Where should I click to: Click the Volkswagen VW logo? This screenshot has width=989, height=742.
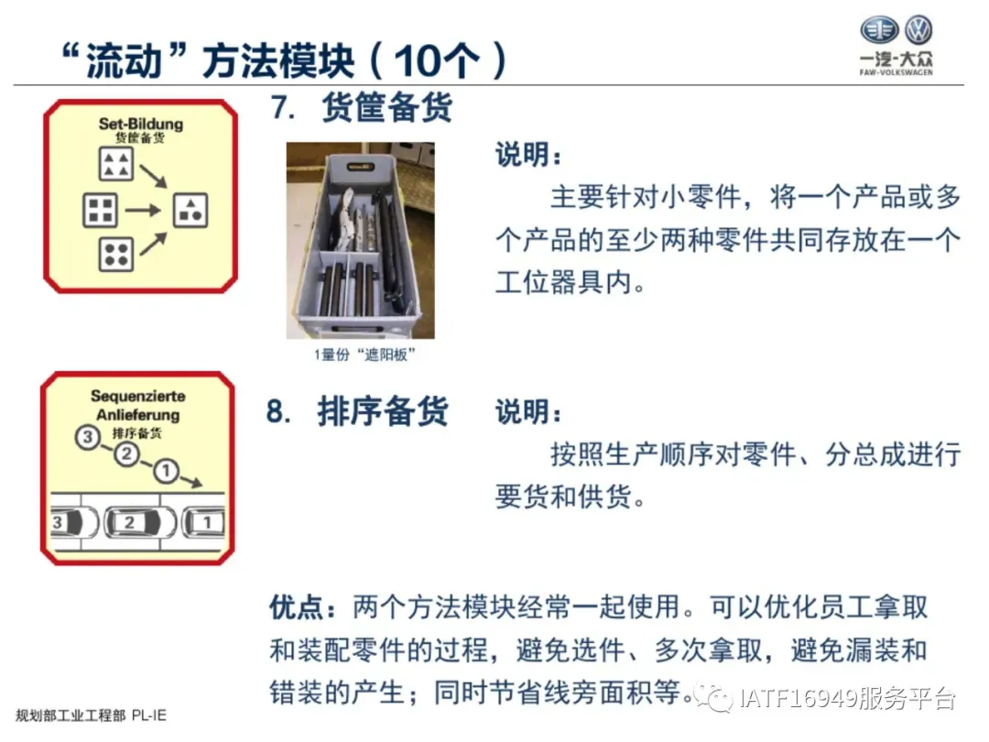pos(918,29)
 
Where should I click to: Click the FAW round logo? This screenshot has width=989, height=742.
pos(879,29)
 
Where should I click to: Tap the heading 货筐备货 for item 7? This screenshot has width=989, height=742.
pos(386,106)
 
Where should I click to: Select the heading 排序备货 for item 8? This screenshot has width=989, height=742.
pos(383,412)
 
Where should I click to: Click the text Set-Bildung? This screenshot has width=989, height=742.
pos(141,124)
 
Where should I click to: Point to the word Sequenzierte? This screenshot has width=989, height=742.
pos(138,397)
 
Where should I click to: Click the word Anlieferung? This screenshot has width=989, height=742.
pos(138,415)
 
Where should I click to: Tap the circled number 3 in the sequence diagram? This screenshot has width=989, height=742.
pos(88,437)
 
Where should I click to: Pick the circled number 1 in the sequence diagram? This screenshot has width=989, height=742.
pos(166,471)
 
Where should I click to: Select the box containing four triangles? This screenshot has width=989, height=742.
pos(116,163)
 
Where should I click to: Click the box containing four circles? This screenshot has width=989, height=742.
pos(116,255)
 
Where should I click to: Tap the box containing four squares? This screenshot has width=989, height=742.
pos(101,210)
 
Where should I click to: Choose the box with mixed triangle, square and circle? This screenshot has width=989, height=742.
pos(190,210)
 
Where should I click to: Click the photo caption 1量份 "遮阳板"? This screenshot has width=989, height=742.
pos(364,355)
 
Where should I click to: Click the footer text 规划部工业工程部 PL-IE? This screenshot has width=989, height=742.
pos(91,715)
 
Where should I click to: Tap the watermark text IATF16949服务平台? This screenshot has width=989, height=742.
pos(847,698)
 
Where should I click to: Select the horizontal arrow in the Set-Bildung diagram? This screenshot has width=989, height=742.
pos(143,210)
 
